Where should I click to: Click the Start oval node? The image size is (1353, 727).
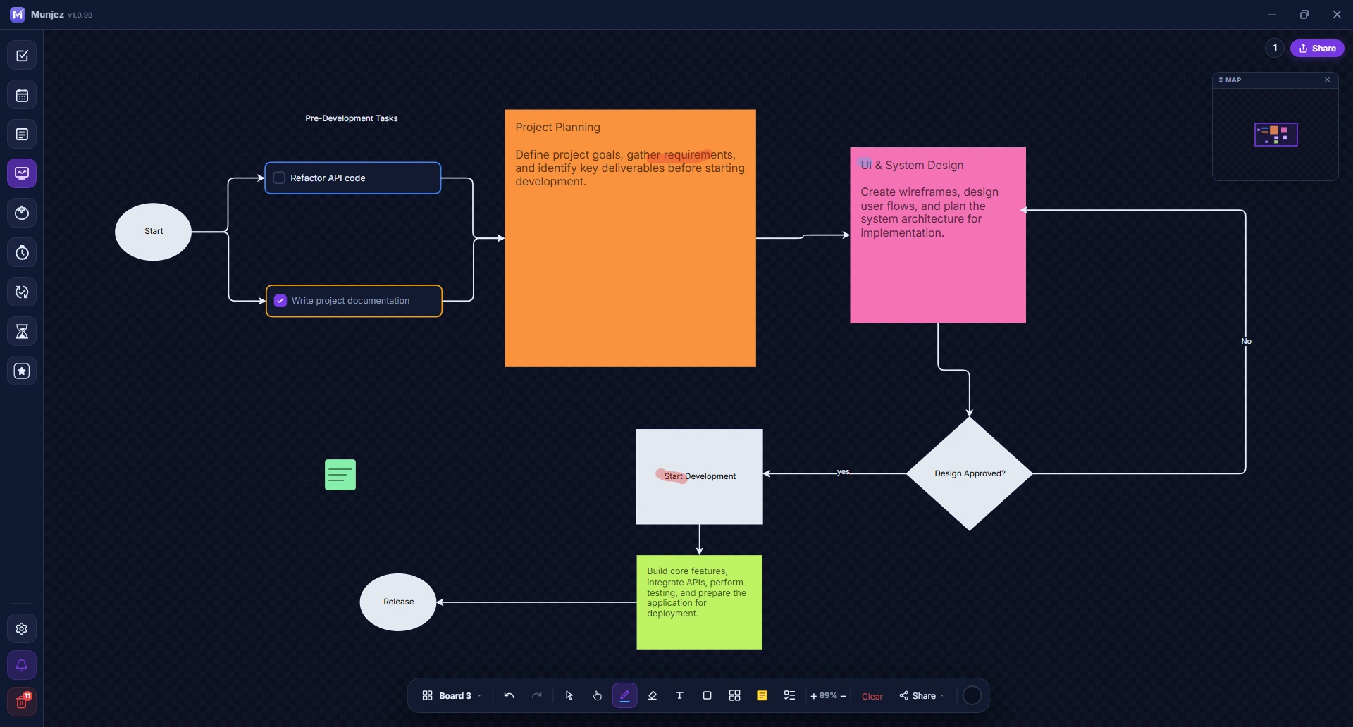point(153,232)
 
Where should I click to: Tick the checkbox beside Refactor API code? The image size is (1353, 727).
point(279,178)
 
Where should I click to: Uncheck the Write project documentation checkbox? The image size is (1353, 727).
point(280,301)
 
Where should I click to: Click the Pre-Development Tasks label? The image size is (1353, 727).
point(352,118)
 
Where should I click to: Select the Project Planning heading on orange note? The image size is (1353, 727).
point(557,128)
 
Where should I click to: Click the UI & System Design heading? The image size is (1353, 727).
point(912,165)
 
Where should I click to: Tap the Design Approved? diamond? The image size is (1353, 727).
point(970,473)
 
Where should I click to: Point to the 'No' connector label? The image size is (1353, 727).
point(1246,341)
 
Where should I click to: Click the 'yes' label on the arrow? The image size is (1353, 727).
point(843,472)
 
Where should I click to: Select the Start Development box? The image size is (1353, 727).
point(699,477)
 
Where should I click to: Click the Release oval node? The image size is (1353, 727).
point(398,602)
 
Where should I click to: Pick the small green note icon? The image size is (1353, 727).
point(340,475)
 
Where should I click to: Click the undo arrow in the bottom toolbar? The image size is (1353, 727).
point(509,695)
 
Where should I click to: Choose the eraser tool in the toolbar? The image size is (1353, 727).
point(652,695)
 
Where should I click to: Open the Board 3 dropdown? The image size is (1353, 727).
point(452,695)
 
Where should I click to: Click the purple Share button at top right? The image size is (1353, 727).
point(1317,49)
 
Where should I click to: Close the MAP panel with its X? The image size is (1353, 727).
point(1327,80)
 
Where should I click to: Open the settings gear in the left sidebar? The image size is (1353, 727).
point(22,629)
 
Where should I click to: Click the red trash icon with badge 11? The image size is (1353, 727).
point(22,702)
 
